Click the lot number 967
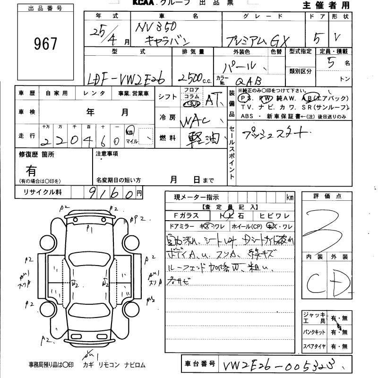pyautogui.click(x=46, y=44)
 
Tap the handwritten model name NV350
pyautogui.click(x=155, y=28)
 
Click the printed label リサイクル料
pyautogui.click(x=38, y=192)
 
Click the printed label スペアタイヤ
pyautogui.click(x=314, y=346)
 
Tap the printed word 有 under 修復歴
pyautogui.click(x=31, y=170)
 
